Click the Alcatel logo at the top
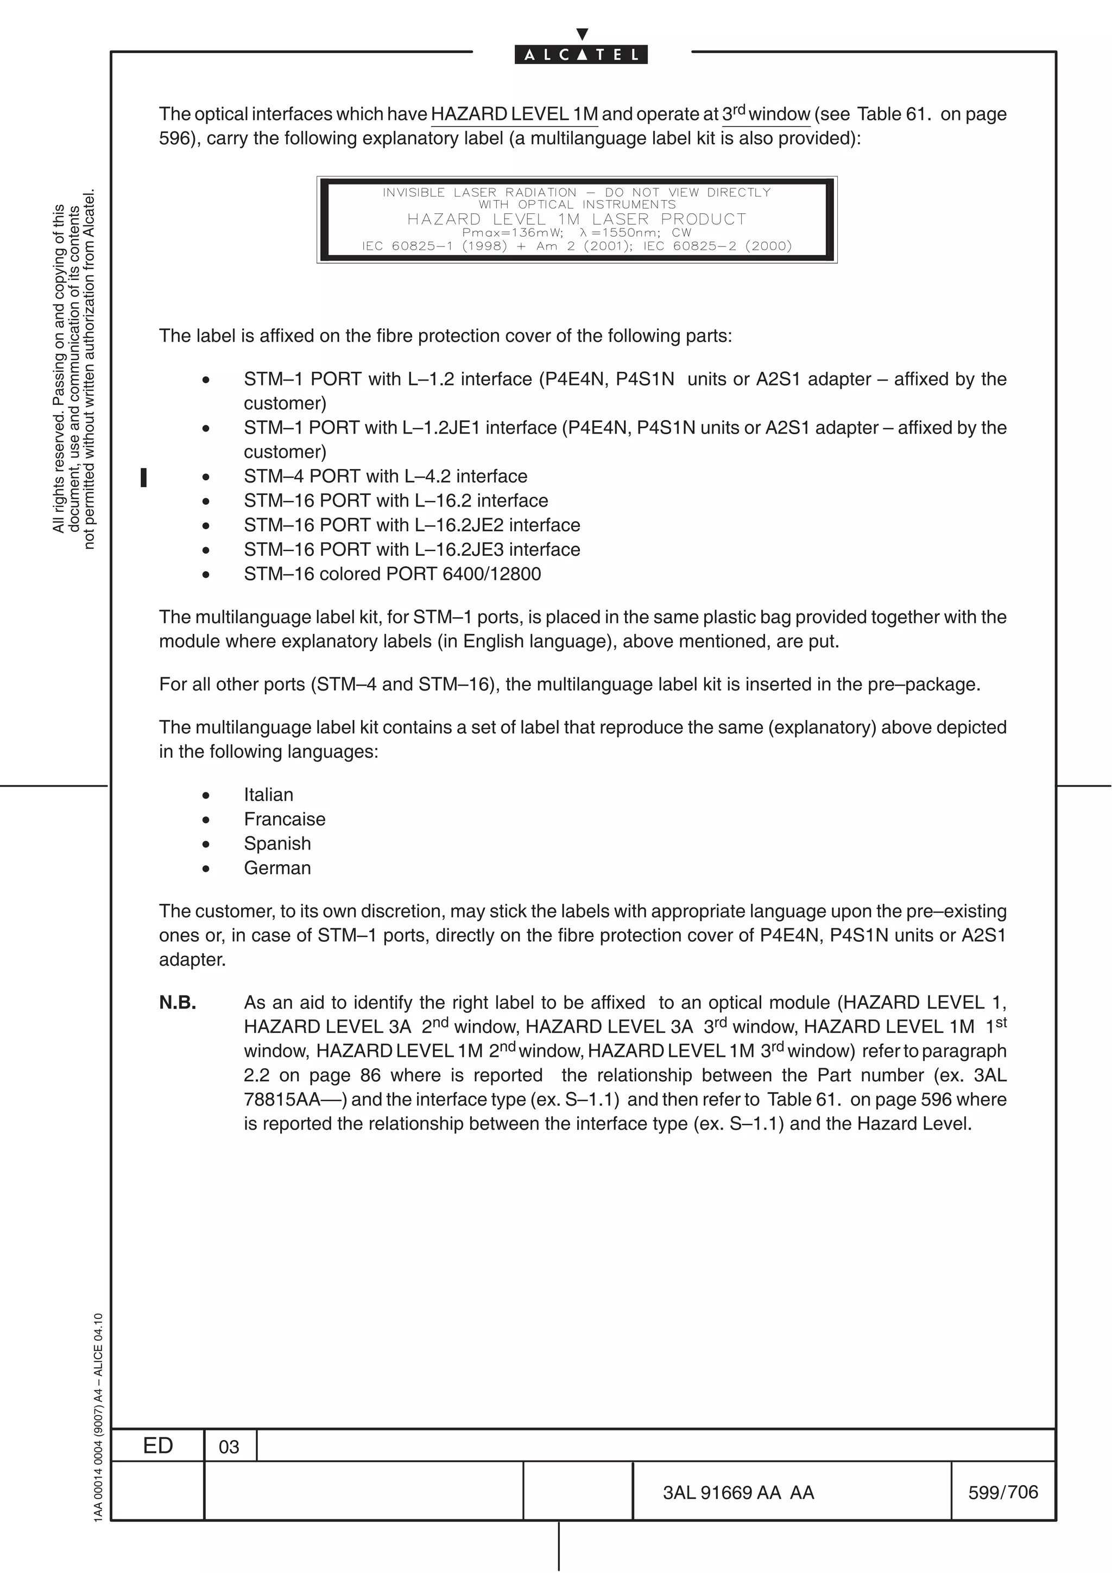coord(581,54)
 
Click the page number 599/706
coord(1003,1492)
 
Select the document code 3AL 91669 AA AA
coord(738,1492)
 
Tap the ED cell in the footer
coord(157,1445)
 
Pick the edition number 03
coord(229,1447)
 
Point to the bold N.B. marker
coord(178,1003)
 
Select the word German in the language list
coord(277,868)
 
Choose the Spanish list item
coord(277,843)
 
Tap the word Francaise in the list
coord(285,820)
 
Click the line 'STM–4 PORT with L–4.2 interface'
coord(385,476)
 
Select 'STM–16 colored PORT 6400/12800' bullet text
coord(392,574)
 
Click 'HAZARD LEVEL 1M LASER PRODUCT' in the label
coord(576,219)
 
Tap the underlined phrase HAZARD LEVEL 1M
coord(514,115)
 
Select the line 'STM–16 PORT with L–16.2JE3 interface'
coord(412,549)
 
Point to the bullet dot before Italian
coord(206,795)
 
